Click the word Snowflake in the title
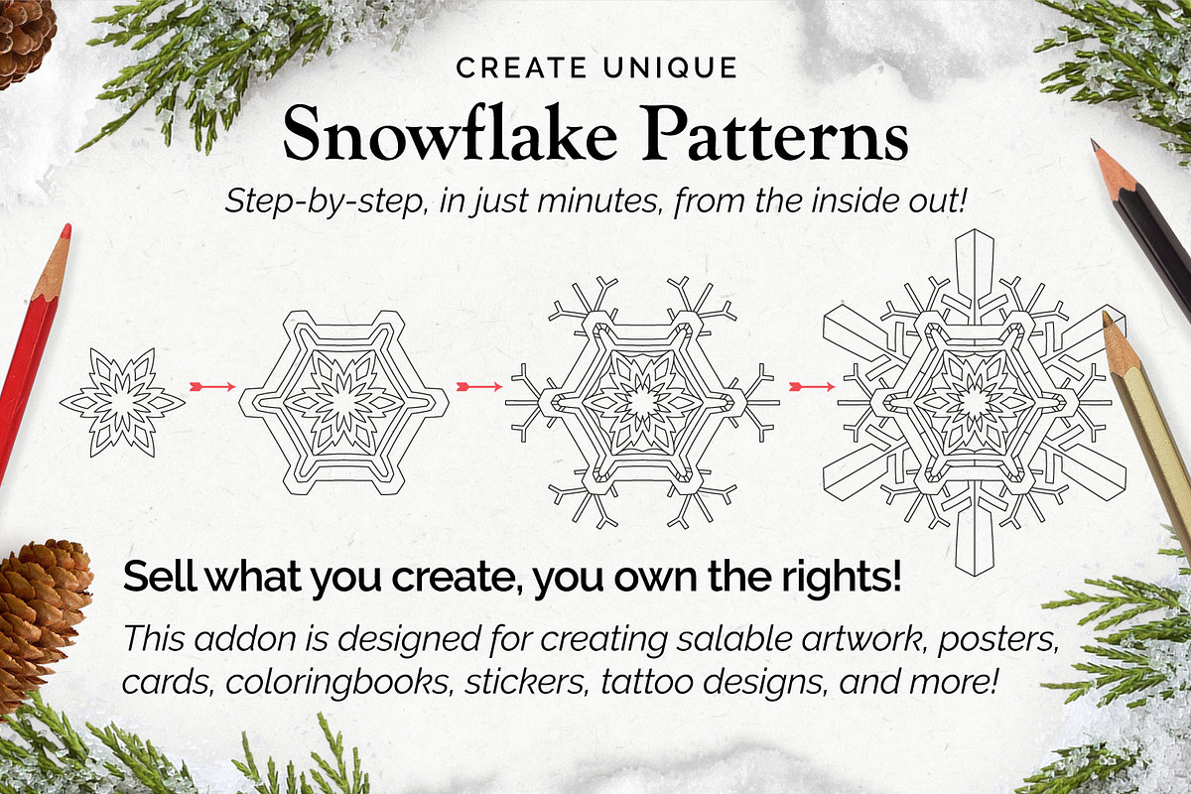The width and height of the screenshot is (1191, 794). [450, 134]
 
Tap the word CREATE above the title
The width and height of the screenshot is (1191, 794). [521, 68]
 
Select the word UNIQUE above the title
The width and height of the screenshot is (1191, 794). [671, 68]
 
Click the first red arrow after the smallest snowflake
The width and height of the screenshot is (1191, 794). [212, 387]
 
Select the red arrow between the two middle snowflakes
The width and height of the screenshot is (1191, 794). [479, 387]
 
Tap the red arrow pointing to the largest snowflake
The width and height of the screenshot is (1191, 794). [812, 387]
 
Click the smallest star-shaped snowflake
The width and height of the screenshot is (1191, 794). [123, 403]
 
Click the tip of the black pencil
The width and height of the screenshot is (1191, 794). [1094, 144]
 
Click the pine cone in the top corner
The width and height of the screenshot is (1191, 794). [24, 40]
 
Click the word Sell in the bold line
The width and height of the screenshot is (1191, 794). [160, 577]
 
